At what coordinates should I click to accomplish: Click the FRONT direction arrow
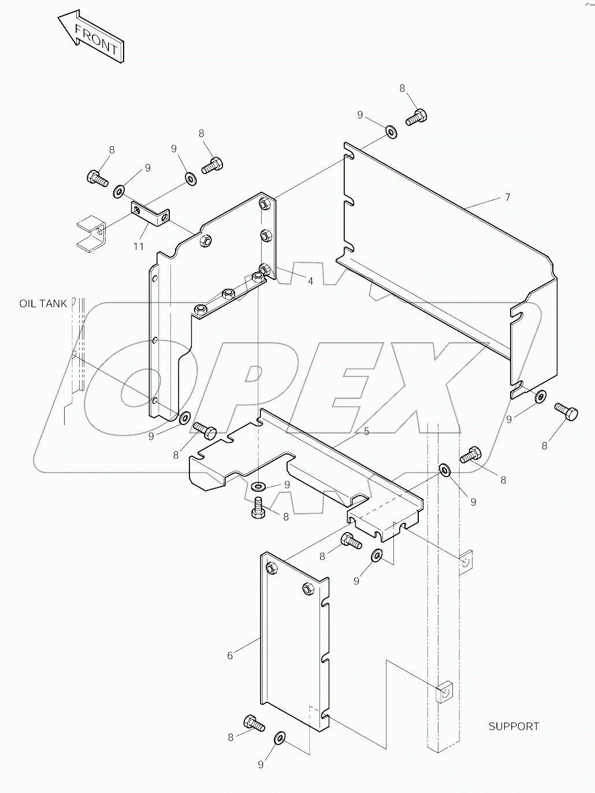click(91, 36)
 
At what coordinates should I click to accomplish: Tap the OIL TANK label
click(43, 303)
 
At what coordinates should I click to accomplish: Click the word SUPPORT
click(514, 727)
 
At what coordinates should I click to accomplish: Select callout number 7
click(507, 198)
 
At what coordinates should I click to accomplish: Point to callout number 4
click(310, 281)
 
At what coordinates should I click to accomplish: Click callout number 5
click(366, 431)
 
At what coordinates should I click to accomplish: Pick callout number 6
click(230, 656)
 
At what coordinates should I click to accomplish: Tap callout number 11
click(139, 247)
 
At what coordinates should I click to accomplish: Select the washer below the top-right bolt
click(391, 133)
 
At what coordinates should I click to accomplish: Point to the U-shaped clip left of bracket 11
click(90, 233)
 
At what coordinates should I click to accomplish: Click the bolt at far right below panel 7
click(566, 412)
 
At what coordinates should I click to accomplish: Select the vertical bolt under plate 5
click(258, 506)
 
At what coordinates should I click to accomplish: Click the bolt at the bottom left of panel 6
click(254, 723)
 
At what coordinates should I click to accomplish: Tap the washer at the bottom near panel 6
click(280, 738)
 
